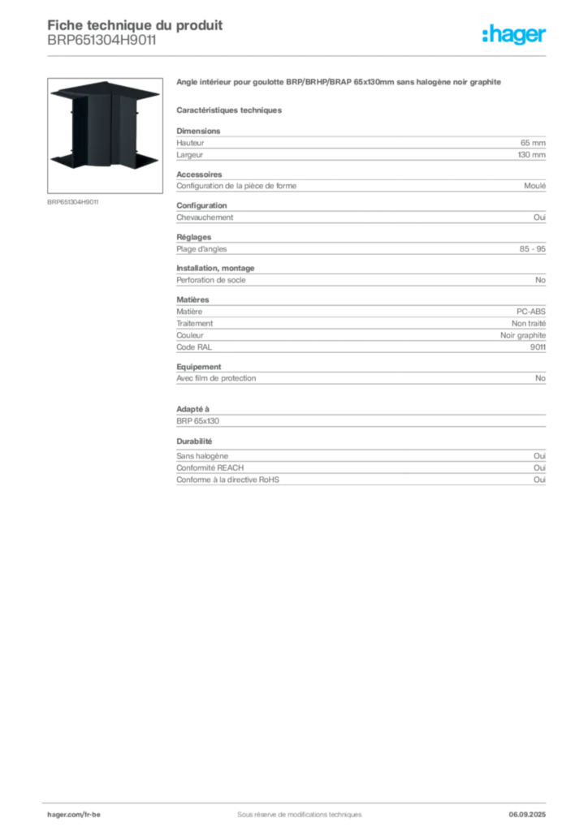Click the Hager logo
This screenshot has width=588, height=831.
coord(514,35)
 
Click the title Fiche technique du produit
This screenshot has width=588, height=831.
coord(135,25)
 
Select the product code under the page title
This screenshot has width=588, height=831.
coord(102,41)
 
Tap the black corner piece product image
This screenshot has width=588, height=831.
coord(105,135)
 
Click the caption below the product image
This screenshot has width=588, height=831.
coord(72,202)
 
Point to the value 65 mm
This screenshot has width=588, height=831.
coord(533,143)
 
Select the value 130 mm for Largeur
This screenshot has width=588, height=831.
coord(531,155)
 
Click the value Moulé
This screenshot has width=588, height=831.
coord(534,186)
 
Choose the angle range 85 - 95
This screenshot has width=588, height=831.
coord(532,248)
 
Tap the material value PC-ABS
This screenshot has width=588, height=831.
coord(530,312)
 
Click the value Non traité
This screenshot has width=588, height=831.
coord(529,323)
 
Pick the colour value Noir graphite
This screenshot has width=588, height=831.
coord(523,335)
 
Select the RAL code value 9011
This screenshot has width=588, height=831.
coord(538,347)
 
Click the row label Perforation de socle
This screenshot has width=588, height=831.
coord(211,280)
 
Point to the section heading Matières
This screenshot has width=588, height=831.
coord(192,299)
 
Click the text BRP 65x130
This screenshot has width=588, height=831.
coord(198,421)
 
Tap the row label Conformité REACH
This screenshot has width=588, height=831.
coord(210,467)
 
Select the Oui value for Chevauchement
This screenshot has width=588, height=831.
coord(539,217)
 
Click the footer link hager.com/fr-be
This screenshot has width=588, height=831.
coord(74,815)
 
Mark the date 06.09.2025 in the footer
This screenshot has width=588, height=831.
coord(527,815)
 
